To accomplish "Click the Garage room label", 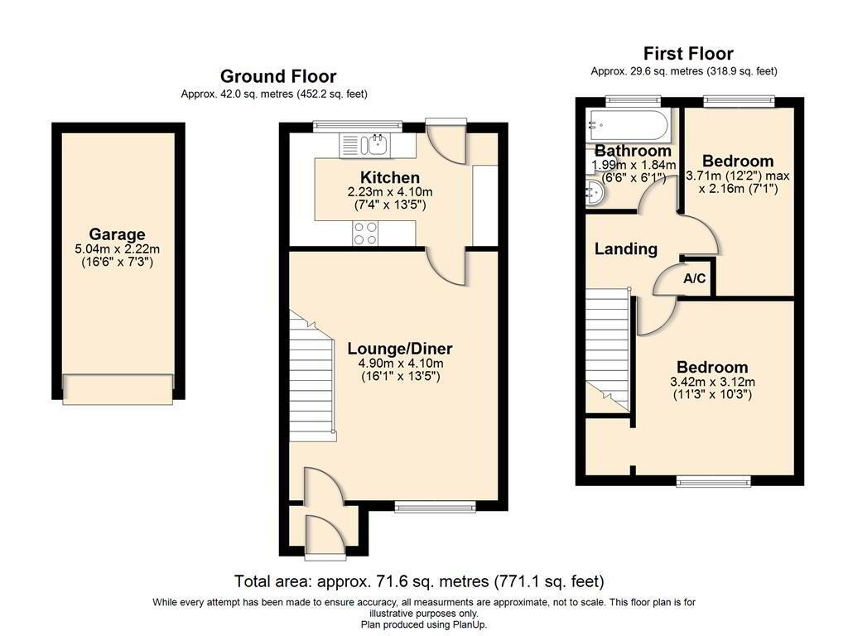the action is click(x=117, y=234).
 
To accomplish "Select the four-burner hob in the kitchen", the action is click(x=365, y=234).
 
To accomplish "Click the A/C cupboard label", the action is click(x=695, y=278).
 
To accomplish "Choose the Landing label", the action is click(x=626, y=248).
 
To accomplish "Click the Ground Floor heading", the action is click(x=278, y=76).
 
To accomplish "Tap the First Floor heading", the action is click(x=688, y=54).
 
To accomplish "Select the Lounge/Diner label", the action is click(x=400, y=349).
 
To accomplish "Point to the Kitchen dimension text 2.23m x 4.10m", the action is click(x=389, y=192).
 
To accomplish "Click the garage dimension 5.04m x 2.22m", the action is click(x=118, y=249).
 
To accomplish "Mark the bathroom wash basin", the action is click(x=595, y=193).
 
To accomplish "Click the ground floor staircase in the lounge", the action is click(x=312, y=376).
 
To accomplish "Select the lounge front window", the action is click(x=435, y=506).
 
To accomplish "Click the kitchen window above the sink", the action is click(x=358, y=126).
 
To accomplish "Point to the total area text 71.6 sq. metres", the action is click(x=402, y=581).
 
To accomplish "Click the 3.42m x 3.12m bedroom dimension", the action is click(x=712, y=382).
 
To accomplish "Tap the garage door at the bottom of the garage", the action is click(x=118, y=389).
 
